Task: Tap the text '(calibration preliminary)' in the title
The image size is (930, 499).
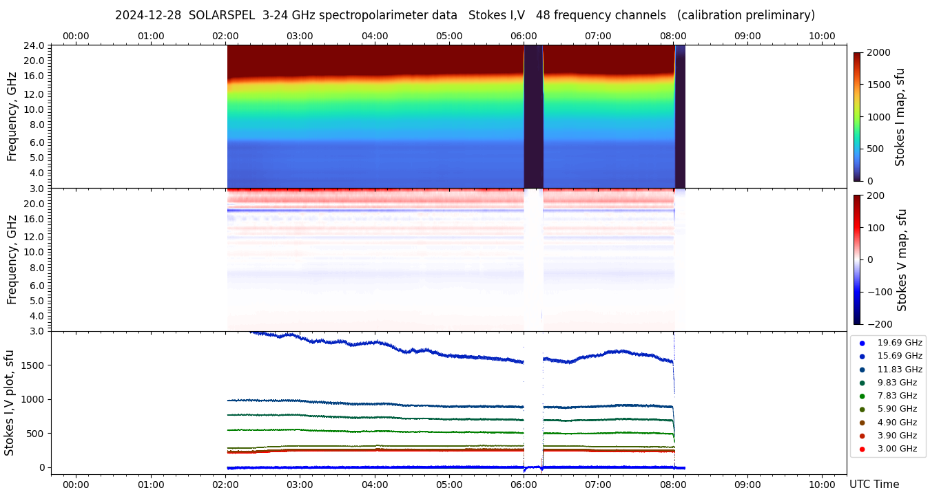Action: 746,15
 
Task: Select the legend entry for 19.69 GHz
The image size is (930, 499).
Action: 899,343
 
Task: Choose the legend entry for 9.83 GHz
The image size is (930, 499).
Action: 897,383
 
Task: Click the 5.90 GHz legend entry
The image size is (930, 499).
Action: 897,409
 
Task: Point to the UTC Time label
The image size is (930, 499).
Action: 874,485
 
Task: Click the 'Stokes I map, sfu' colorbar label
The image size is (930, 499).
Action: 900,117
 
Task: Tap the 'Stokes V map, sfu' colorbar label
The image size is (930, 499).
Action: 902,260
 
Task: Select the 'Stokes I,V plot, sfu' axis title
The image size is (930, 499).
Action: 10,403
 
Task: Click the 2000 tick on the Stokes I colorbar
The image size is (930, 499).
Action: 878,52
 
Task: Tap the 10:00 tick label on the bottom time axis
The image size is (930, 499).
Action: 822,485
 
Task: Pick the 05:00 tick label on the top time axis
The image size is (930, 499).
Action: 449,36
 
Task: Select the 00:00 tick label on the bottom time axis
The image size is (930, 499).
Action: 76,485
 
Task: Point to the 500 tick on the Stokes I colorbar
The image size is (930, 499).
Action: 876,149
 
